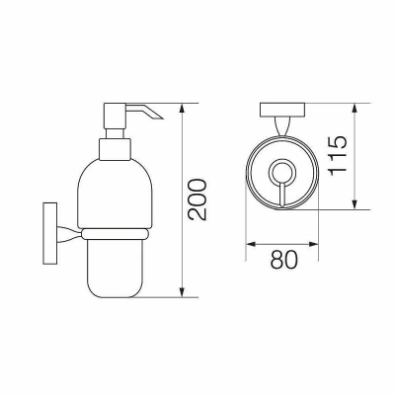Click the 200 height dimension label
[197, 199]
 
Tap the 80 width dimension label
[283, 260]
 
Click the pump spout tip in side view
[163, 117]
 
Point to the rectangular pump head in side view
[115, 116]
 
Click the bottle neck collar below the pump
[115, 149]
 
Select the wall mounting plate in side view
[50, 233]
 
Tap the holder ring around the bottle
[115, 234]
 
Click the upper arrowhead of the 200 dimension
[183, 109]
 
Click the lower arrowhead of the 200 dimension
[183, 292]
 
